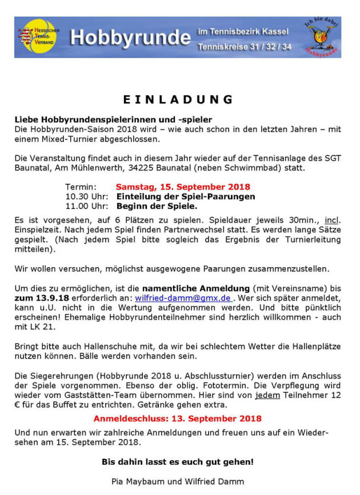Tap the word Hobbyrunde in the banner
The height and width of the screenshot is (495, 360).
(130, 38)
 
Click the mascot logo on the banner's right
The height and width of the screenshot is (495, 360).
(322, 36)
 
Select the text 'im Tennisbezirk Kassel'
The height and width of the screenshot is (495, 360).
(243, 31)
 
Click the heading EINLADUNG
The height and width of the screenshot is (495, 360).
(178, 99)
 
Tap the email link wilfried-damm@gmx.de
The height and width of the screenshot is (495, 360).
(183, 297)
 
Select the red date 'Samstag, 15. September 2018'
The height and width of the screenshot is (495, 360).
(183, 187)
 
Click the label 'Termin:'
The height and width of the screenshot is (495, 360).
(81, 187)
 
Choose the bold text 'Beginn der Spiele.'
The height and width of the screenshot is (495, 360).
(157, 206)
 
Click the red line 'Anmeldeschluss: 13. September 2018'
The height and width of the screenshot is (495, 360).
(177, 418)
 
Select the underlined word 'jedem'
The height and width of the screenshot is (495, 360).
(268, 395)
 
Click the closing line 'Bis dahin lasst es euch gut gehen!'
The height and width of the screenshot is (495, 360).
(178, 461)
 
